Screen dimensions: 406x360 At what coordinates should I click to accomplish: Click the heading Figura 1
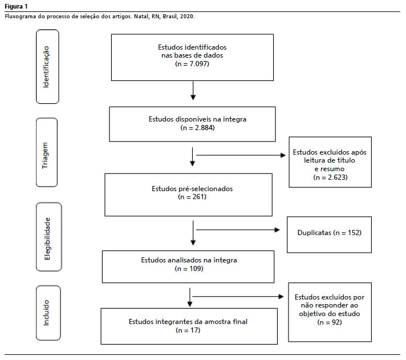click(16, 6)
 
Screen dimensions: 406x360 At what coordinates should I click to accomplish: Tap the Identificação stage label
click(46, 67)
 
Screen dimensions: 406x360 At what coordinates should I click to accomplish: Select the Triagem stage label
click(45, 155)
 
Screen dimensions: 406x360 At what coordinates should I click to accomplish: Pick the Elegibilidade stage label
click(47, 238)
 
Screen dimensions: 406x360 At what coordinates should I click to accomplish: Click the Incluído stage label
click(46, 313)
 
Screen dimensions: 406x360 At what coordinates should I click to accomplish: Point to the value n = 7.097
click(192, 64)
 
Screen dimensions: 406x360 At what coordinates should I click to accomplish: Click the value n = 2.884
click(197, 128)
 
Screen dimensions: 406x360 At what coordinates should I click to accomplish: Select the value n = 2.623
click(330, 177)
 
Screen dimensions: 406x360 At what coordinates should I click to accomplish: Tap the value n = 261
click(192, 197)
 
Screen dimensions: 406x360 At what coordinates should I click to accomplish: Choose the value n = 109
click(189, 269)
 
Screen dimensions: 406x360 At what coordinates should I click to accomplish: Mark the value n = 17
click(188, 330)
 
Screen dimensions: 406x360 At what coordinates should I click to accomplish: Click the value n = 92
click(330, 322)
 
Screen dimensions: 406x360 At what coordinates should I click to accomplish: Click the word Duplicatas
click(314, 233)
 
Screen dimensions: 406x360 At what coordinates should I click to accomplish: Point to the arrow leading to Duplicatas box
click(238, 230)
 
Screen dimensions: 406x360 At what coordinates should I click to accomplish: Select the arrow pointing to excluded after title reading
click(241, 155)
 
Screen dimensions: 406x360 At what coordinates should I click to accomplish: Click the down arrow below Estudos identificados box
click(193, 91)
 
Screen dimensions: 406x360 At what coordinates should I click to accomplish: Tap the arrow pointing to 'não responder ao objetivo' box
click(238, 297)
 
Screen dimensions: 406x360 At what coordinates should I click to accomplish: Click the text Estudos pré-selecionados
click(192, 188)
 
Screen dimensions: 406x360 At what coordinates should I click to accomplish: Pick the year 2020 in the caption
click(187, 17)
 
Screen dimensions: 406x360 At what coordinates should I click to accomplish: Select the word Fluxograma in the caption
click(20, 17)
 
